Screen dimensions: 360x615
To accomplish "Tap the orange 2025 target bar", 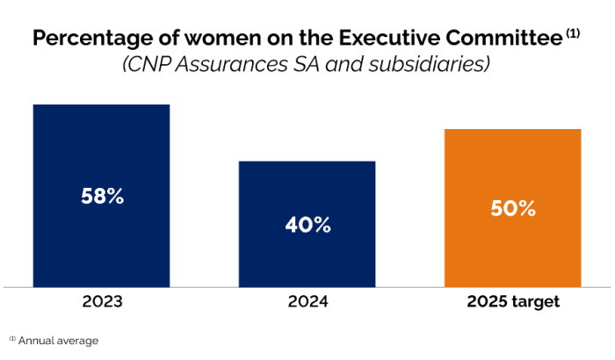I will click(513, 167).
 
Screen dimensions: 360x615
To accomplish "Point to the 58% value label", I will click(101, 196).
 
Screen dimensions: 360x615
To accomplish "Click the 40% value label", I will click(307, 225).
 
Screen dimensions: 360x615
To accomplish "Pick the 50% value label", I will click(513, 209).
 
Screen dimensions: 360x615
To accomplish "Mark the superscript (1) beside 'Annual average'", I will click(12, 337).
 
